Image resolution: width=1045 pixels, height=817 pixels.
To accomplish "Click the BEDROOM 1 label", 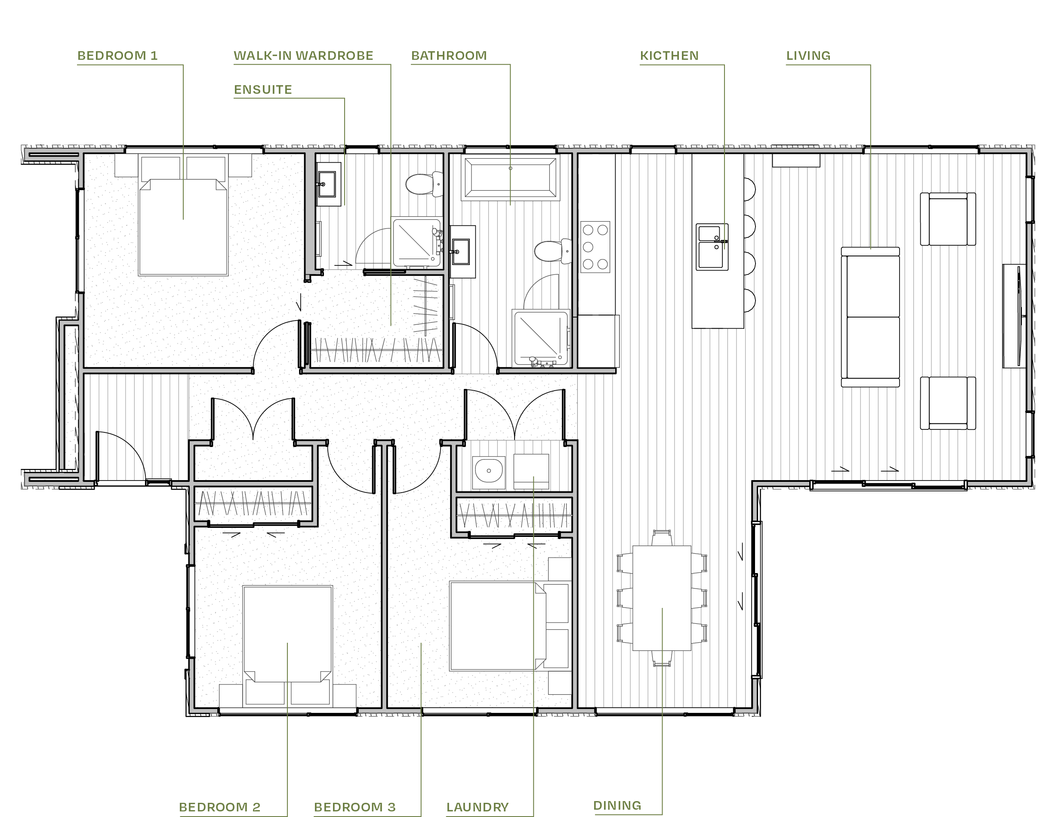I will click(x=117, y=55).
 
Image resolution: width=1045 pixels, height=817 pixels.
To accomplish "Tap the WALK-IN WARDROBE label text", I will click(x=303, y=55).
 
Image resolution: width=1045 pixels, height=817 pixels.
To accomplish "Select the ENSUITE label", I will click(x=263, y=89).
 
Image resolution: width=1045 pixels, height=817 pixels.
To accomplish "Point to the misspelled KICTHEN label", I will click(x=669, y=55).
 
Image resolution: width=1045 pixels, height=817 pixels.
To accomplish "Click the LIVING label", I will click(x=808, y=55).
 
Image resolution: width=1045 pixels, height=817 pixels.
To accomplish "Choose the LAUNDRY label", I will click(x=477, y=807).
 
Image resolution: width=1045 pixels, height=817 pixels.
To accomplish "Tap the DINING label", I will click(x=617, y=805).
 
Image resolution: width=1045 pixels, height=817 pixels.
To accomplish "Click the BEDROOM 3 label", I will click(x=354, y=807).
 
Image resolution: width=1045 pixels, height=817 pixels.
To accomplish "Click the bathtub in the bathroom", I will click(x=510, y=179).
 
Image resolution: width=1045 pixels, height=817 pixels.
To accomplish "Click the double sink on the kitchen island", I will click(x=712, y=247).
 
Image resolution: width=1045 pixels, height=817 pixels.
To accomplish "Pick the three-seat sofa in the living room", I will click(x=870, y=317).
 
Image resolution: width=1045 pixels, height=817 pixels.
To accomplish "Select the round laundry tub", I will click(x=489, y=471).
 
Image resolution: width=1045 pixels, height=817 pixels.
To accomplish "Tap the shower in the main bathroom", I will click(x=540, y=337).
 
